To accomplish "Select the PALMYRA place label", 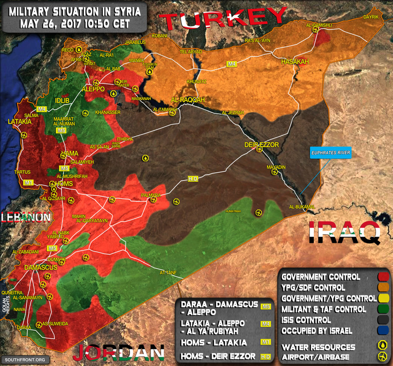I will coord(150,195).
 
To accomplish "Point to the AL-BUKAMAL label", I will coord(302,207).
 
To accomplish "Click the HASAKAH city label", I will coord(295,62).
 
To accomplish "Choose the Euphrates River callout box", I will coord(330,153).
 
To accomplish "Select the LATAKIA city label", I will coord(19,122).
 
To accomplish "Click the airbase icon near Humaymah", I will coord(258,212).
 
